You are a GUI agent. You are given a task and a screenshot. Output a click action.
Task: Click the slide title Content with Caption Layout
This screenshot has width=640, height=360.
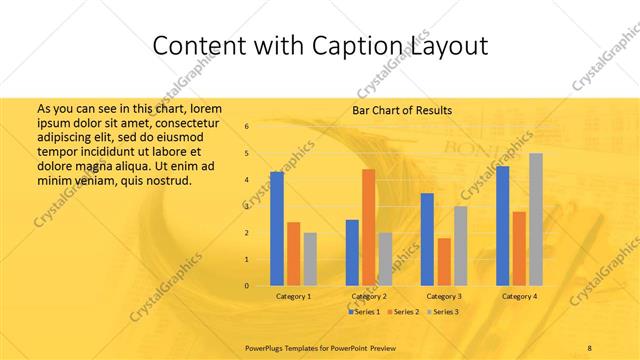click(320, 46)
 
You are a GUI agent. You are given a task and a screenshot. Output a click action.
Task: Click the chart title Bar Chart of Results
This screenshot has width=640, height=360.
click(402, 110)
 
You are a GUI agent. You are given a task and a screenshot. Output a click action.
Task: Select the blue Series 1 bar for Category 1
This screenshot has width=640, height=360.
click(277, 228)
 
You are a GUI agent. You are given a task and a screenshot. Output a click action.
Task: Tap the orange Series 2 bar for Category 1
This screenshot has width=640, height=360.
click(293, 254)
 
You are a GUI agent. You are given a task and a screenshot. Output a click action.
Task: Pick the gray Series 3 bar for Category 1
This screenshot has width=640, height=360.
click(310, 259)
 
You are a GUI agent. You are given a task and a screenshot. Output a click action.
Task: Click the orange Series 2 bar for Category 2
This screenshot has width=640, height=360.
click(368, 227)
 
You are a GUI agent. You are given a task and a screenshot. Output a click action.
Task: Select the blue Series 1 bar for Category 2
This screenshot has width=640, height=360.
click(352, 252)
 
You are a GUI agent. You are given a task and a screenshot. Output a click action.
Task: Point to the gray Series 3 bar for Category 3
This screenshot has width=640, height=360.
click(460, 246)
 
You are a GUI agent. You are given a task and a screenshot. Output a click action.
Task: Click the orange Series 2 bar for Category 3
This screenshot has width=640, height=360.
click(443, 262)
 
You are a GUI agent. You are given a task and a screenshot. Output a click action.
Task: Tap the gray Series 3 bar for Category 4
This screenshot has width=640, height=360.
click(535, 219)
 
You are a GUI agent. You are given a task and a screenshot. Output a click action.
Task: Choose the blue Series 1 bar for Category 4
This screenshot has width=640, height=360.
click(502, 226)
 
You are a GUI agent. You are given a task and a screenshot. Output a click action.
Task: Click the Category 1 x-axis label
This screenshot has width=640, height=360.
click(293, 297)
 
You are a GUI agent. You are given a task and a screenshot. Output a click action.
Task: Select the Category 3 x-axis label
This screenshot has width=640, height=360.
click(444, 297)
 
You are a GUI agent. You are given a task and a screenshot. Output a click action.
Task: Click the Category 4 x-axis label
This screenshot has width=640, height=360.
click(519, 297)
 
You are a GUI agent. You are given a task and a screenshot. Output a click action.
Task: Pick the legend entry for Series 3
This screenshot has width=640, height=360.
click(443, 312)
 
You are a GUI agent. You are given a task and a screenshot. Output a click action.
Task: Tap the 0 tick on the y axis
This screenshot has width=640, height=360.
click(247, 286)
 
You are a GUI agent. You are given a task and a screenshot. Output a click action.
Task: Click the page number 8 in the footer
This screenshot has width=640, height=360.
click(590, 347)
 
